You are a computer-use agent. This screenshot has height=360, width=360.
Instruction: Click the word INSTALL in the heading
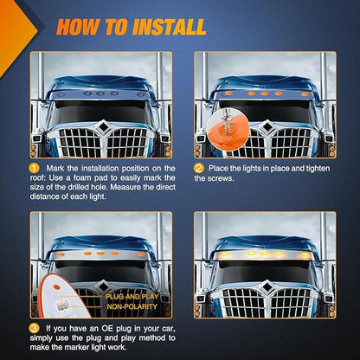[x=170, y=27]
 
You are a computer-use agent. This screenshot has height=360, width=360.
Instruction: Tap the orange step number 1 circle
[x=35, y=168]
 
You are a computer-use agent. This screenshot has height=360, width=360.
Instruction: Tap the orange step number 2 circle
[x=199, y=168]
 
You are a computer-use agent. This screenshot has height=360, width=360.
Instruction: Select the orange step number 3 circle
[x=35, y=328]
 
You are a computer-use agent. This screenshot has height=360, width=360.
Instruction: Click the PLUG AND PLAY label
[x=132, y=297]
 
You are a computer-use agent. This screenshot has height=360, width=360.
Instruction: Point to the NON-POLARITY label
[x=132, y=306]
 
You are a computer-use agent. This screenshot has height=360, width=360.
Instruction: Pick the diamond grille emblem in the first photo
[x=103, y=126]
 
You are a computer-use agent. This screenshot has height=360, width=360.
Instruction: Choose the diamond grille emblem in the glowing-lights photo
[x=267, y=286]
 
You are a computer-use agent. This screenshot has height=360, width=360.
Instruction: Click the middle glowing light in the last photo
[x=264, y=254]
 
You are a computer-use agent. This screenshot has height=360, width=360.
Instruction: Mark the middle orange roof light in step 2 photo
[x=264, y=93]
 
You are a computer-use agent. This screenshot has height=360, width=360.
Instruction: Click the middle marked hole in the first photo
[x=100, y=93]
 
